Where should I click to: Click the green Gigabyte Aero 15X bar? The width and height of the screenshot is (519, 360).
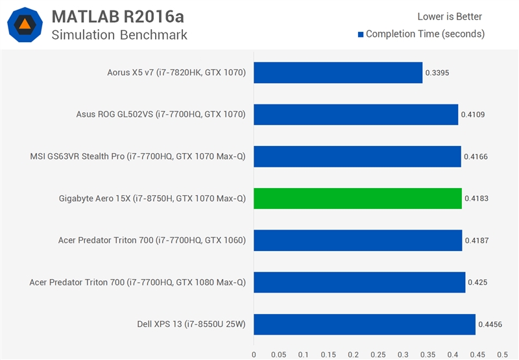(357, 198)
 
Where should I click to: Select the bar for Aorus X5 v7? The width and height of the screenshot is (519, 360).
(338, 73)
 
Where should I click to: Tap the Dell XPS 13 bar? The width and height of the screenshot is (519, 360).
(365, 324)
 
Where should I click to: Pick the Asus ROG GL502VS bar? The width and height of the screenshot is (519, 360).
(356, 115)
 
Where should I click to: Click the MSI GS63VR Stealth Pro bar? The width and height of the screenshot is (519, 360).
(357, 156)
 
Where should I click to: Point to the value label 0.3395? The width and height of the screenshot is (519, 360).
(437, 73)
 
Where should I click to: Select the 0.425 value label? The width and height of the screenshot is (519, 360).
(477, 283)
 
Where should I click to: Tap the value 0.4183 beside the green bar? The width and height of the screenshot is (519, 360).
(476, 198)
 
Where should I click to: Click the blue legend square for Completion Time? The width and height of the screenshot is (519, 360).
(360, 34)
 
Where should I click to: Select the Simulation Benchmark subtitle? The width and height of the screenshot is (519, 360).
(119, 35)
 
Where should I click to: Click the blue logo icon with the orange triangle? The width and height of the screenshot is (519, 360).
(25, 25)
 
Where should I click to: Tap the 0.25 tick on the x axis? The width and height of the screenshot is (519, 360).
(378, 354)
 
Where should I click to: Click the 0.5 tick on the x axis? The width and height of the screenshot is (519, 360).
(502, 354)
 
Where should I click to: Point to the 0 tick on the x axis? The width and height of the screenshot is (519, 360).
(254, 354)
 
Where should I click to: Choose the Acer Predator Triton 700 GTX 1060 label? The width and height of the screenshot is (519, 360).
(152, 241)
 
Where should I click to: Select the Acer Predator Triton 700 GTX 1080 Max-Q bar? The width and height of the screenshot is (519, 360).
(359, 282)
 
